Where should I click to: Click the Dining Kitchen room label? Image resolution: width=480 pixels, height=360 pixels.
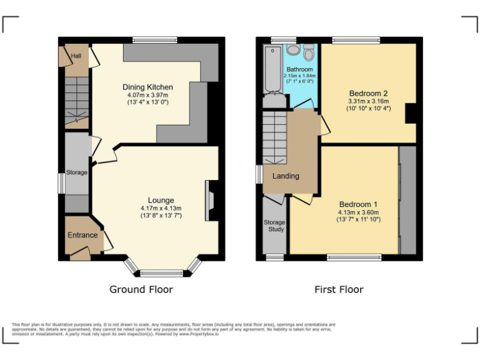(x=147, y=87)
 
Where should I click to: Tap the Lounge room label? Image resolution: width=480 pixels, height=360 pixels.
(x=161, y=200)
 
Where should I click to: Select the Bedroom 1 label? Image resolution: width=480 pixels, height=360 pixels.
(x=358, y=204)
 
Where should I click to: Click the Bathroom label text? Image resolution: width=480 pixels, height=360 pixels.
(x=301, y=69)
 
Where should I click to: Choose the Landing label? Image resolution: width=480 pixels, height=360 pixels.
(x=286, y=176)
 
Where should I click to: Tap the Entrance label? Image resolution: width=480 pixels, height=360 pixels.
(x=83, y=235)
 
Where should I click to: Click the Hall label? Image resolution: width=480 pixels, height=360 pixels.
(x=76, y=56)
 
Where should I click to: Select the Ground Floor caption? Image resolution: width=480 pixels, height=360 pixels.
(x=141, y=289)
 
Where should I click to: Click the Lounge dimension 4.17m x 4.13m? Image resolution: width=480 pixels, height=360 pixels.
(x=161, y=208)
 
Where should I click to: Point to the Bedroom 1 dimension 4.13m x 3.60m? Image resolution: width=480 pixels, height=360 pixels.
(x=358, y=212)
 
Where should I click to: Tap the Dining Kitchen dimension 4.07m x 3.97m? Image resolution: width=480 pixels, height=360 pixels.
(x=147, y=95)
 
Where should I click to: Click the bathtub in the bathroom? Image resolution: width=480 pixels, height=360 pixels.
(x=272, y=71)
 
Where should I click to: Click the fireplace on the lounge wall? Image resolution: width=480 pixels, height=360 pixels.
(x=212, y=201)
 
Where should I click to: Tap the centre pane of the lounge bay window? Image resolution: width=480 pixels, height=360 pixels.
(x=161, y=272)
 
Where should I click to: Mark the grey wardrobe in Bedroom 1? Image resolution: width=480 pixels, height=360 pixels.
(x=407, y=200)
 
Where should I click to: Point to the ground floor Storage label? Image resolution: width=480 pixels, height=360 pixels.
(x=77, y=172)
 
